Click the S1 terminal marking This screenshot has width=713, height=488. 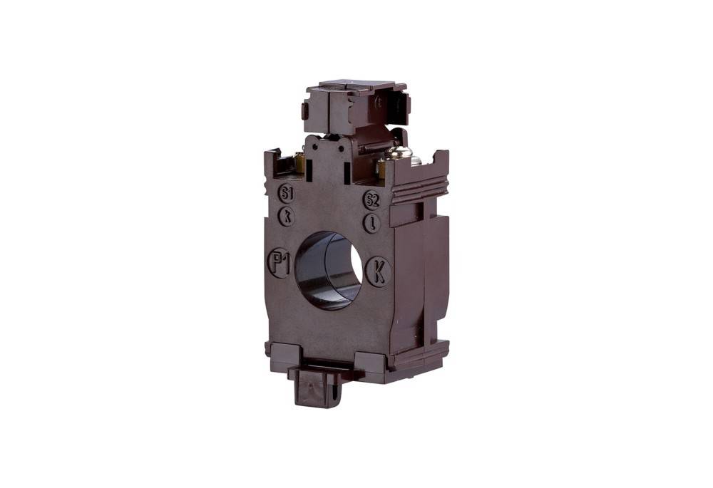(286, 194)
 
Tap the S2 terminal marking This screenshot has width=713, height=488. (371, 199)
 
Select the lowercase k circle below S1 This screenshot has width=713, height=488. (287, 216)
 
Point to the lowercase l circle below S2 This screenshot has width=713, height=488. (371, 222)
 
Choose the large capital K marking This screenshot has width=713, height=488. (379, 271)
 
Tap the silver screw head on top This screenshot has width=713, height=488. (398, 152)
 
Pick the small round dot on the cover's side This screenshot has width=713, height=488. (378, 102)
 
